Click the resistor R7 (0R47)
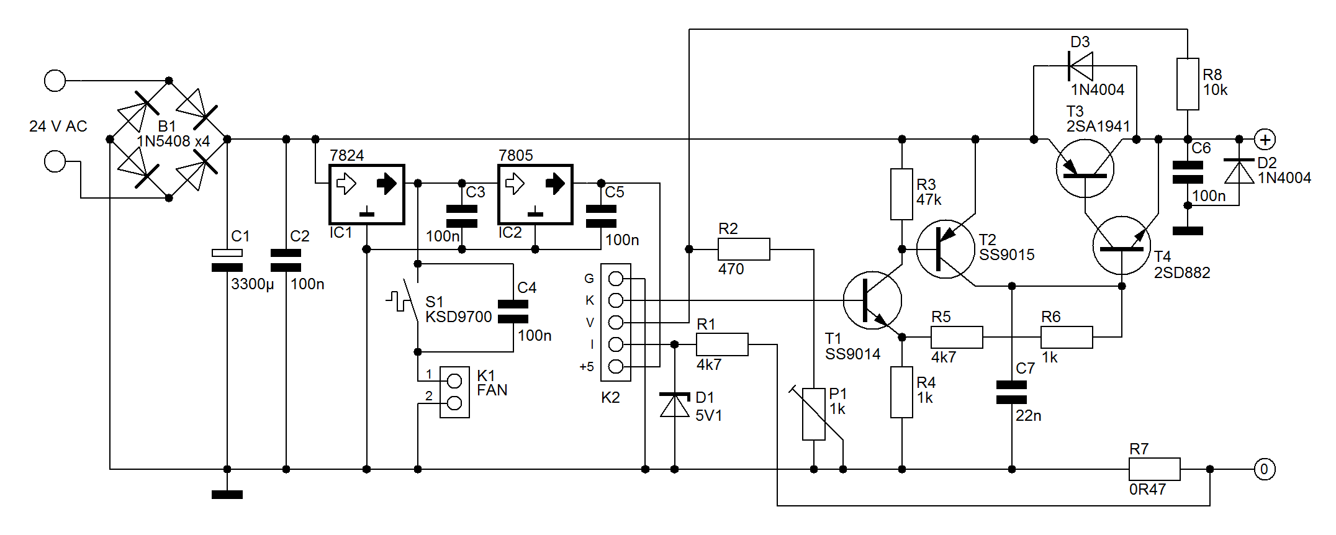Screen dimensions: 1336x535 1154,469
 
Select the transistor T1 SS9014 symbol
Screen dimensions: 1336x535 872,300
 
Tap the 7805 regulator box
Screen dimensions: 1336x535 535,194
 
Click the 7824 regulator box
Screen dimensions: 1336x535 366,194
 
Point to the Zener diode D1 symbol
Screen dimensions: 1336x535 674,405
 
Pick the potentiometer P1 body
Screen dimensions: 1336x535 814,414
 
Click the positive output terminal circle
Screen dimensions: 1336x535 1265,139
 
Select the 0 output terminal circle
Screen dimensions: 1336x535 1265,469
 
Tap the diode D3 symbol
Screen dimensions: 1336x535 1080,66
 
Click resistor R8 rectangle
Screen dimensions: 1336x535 1188,84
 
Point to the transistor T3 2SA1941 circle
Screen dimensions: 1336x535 1085,168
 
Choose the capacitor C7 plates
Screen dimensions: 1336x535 1011,392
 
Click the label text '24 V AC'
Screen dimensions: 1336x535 58,127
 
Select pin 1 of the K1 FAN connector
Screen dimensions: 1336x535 454,380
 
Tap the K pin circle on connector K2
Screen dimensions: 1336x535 615,300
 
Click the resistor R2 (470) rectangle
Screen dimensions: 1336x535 744,249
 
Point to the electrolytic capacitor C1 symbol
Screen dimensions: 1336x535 227,260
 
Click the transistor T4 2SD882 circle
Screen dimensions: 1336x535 1122,245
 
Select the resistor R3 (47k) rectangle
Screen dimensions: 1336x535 901,194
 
